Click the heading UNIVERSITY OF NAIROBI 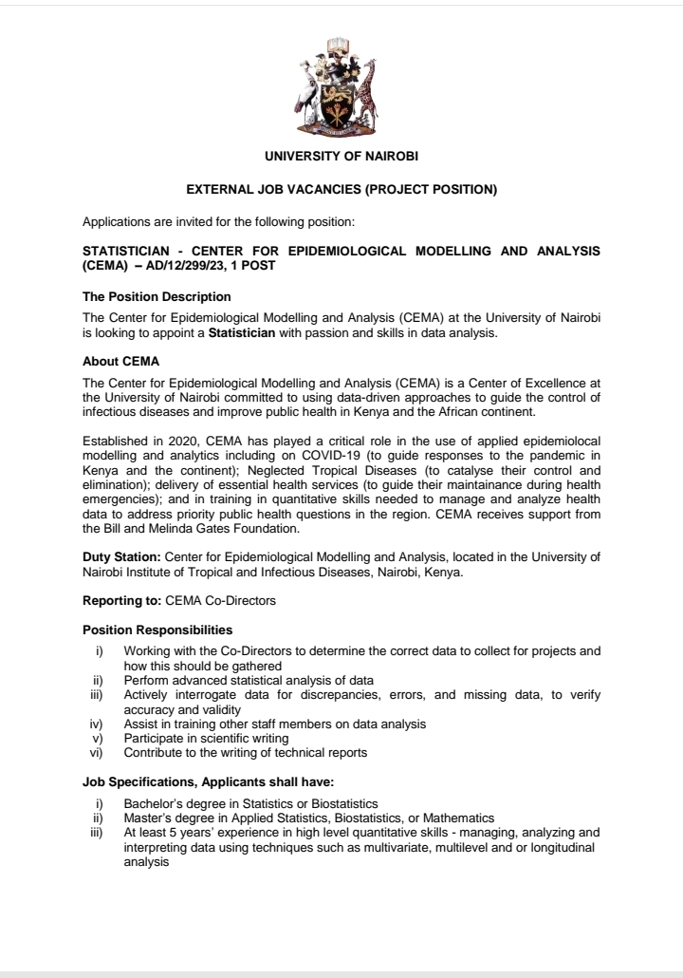pyautogui.click(x=341, y=155)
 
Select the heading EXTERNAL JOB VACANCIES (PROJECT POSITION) pyautogui.click(x=341, y=189)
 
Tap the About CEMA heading pyautogui.click(x=121, y=362)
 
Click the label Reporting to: pyautogui.click(x=122, y=601)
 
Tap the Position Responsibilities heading pyautogui.click(x=157, y=630)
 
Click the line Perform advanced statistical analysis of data pyautogui.click(x=249, y=680)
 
